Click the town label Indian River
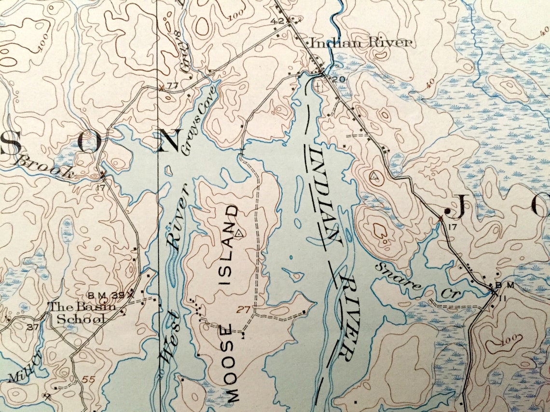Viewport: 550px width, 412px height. pos(361,43)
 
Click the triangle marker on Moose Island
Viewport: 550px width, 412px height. pos(238,233)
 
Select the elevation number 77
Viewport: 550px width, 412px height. pos(172,85)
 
